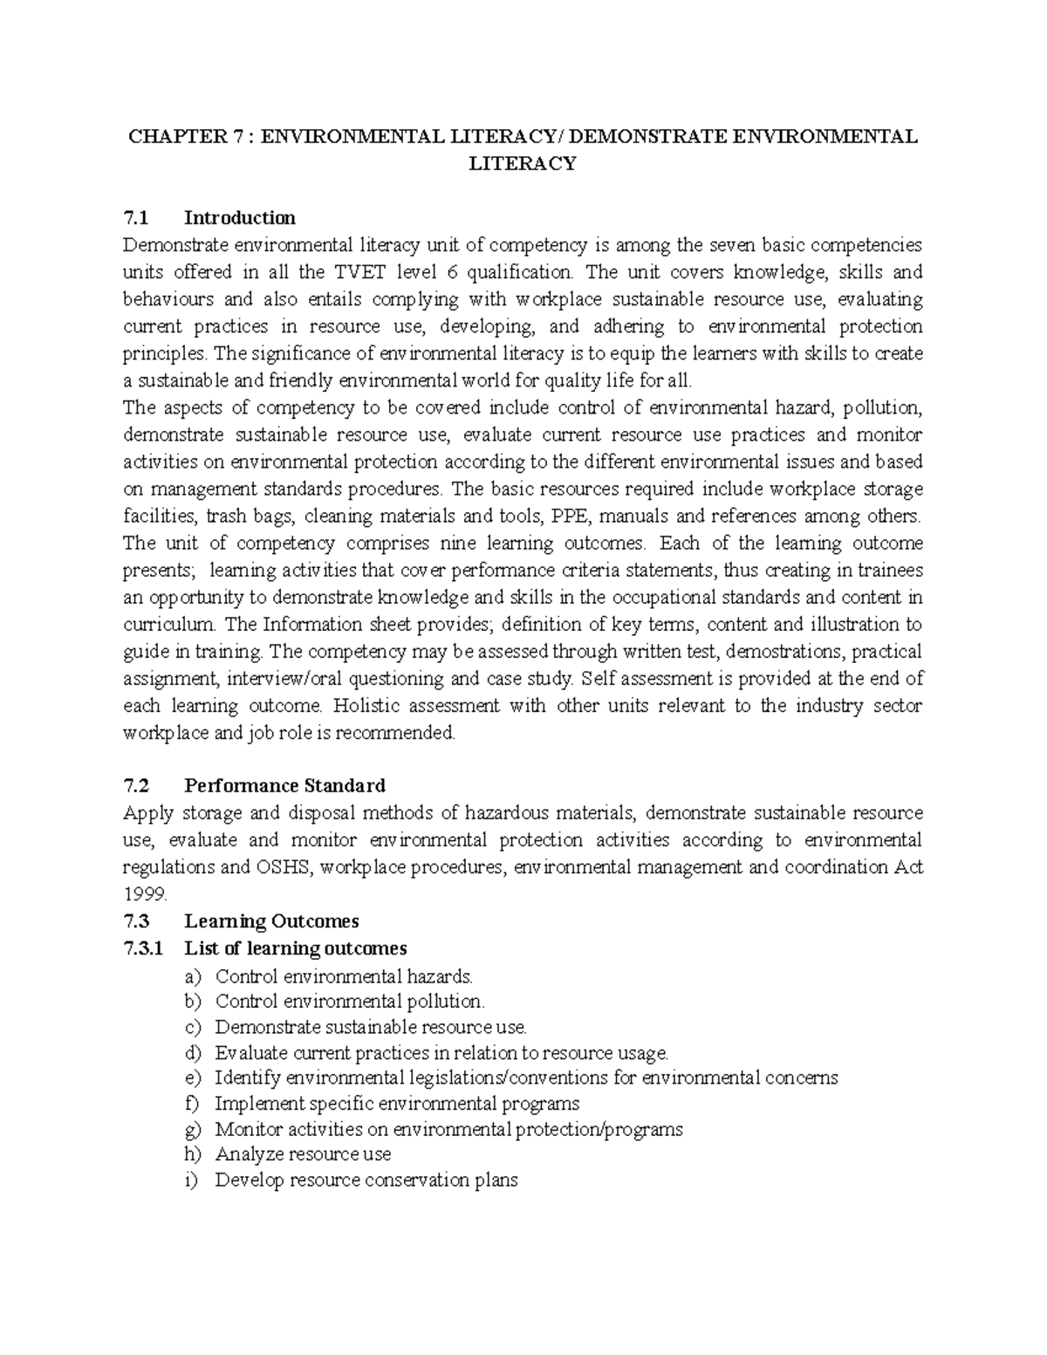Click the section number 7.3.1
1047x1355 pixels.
[143, 948]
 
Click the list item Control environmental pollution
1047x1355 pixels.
[349, 1002]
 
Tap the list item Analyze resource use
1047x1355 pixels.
[303, 1154]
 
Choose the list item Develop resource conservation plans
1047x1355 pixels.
[366, 1180]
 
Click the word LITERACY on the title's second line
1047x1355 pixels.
[523, 164]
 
